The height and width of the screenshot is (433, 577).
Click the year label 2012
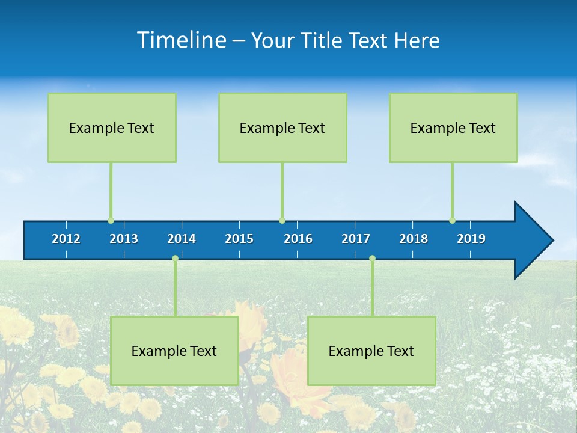click(66, 239)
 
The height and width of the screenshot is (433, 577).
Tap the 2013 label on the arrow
click(124, 239)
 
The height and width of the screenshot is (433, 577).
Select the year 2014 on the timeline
click(182, 239)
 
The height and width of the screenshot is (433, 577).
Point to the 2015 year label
click(239, 239)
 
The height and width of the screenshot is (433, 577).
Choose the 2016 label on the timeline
click(298, 239)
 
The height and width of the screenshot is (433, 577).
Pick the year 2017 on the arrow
click(356, 239)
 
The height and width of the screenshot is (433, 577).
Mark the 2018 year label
click(414, 239)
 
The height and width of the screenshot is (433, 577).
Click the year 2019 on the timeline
click(471, 239)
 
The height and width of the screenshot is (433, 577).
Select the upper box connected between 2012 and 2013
click(112, 127)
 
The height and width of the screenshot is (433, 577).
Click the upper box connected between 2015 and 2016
click(282, 127)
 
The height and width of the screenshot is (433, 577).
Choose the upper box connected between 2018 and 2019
click(453, 127)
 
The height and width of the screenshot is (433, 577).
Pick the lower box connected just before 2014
click(174, 351)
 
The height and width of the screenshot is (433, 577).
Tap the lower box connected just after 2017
click(371, 351)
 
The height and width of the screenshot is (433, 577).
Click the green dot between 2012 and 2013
click(111, 221)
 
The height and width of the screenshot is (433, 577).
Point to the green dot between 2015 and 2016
click(282, 221)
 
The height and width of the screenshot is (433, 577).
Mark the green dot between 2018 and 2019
click(452, 221)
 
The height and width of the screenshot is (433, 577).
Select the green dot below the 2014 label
click(175, 259)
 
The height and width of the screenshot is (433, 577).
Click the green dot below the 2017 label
click(372, 259)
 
